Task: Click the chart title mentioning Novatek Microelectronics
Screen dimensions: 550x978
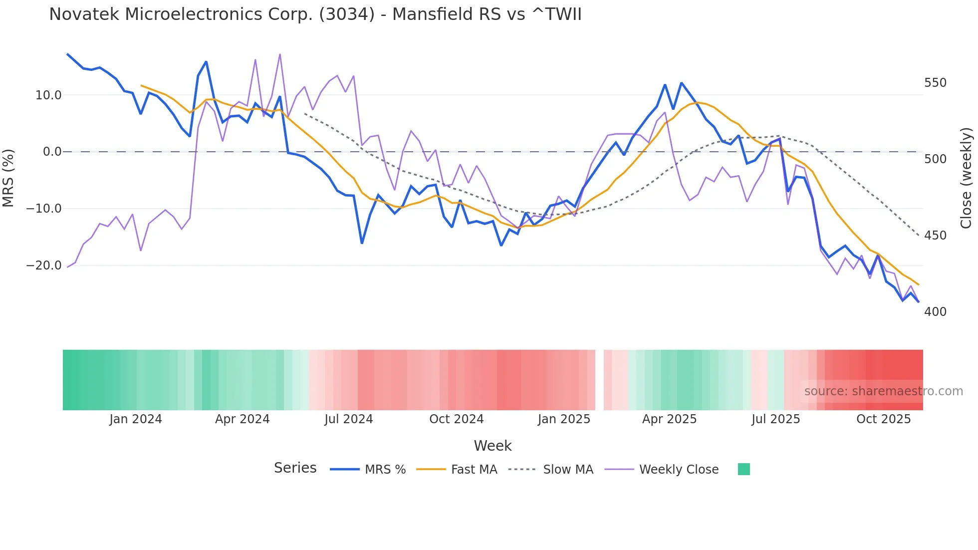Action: coord(315,14)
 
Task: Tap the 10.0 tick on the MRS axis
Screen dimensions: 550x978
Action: coord(48,95)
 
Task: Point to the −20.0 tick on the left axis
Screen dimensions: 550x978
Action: coord(44,266)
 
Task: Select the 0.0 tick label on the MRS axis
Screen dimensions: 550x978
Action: coord(52,152)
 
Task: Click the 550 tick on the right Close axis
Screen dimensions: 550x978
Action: coord(935,83)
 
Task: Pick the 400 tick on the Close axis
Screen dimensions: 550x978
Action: coord(935,312)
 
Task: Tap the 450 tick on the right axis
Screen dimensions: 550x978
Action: coord(935,236)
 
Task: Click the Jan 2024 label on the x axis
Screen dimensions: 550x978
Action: coord(136,419)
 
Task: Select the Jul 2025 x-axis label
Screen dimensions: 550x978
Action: coord(775,419)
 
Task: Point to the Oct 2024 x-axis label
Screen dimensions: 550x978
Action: coord(456,419)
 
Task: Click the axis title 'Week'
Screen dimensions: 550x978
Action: coord(492,446)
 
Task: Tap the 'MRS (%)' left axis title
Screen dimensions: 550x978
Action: coord(8,178)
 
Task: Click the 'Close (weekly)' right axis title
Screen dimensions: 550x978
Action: coord(967,178)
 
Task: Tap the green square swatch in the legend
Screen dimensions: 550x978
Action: coord(743,469)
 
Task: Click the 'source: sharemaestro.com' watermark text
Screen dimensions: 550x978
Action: coord(883,391)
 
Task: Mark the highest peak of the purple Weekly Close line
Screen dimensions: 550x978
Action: coord(280,54)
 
